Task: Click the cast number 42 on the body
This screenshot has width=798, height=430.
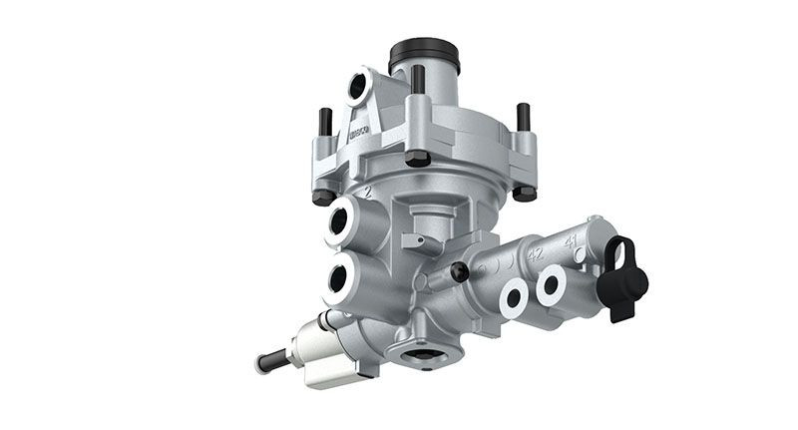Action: (536, 254)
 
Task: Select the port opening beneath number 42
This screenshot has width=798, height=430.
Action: (515, 295)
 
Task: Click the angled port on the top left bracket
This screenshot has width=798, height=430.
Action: (358, 88)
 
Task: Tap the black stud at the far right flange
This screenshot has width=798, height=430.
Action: (521, 118)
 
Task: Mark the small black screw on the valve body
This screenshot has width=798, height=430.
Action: (459, 272)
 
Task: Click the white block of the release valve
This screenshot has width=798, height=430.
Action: (319, 355)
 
